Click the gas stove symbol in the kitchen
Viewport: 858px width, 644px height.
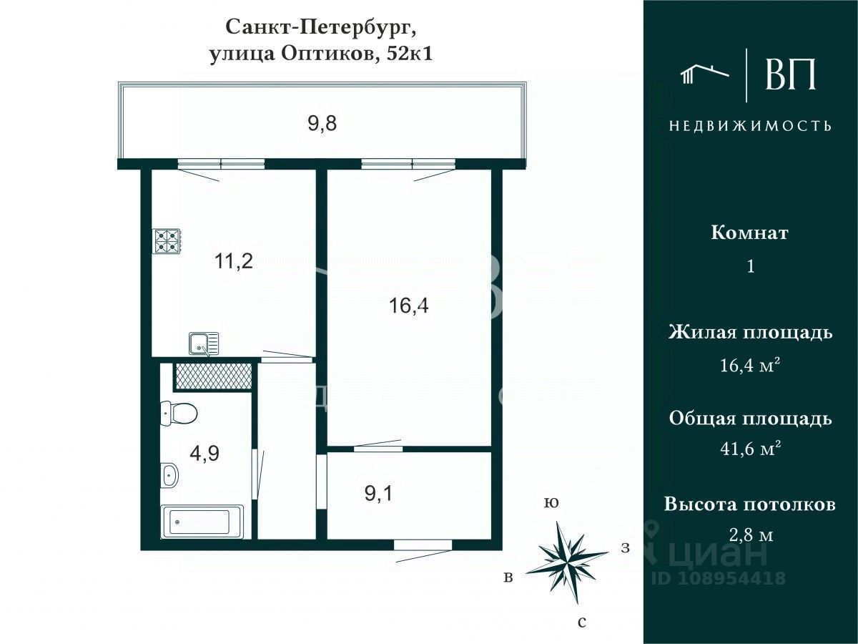coord(167,241)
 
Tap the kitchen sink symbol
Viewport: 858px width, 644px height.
coord(204,344)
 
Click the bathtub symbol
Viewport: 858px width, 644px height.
coord(203,522)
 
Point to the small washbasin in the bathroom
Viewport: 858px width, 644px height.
coord(169,474)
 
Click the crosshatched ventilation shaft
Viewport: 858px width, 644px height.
coord(213,376)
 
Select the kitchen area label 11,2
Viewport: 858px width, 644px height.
coord(235,261)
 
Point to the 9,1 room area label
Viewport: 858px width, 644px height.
coord(379,494)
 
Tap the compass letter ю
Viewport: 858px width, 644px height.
coord(551,503)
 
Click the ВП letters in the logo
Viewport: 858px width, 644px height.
coord(790,74)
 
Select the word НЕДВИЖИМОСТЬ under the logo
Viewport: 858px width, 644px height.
coord(750,126)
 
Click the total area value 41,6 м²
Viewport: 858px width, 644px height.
coord(750,449)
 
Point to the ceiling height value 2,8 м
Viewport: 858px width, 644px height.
coord(750,535)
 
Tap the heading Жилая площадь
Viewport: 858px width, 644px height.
coord(750,333)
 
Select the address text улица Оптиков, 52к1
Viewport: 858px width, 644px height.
coord(321,54)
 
